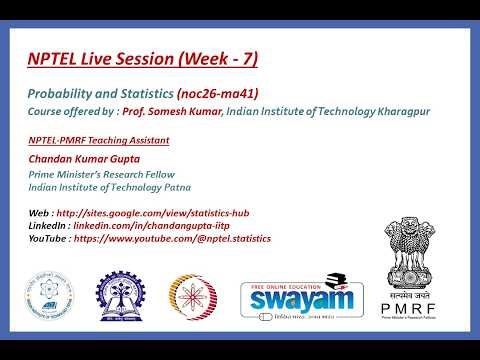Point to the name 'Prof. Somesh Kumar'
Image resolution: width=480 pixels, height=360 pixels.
166,110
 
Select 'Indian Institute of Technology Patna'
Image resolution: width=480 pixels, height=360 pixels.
110,186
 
